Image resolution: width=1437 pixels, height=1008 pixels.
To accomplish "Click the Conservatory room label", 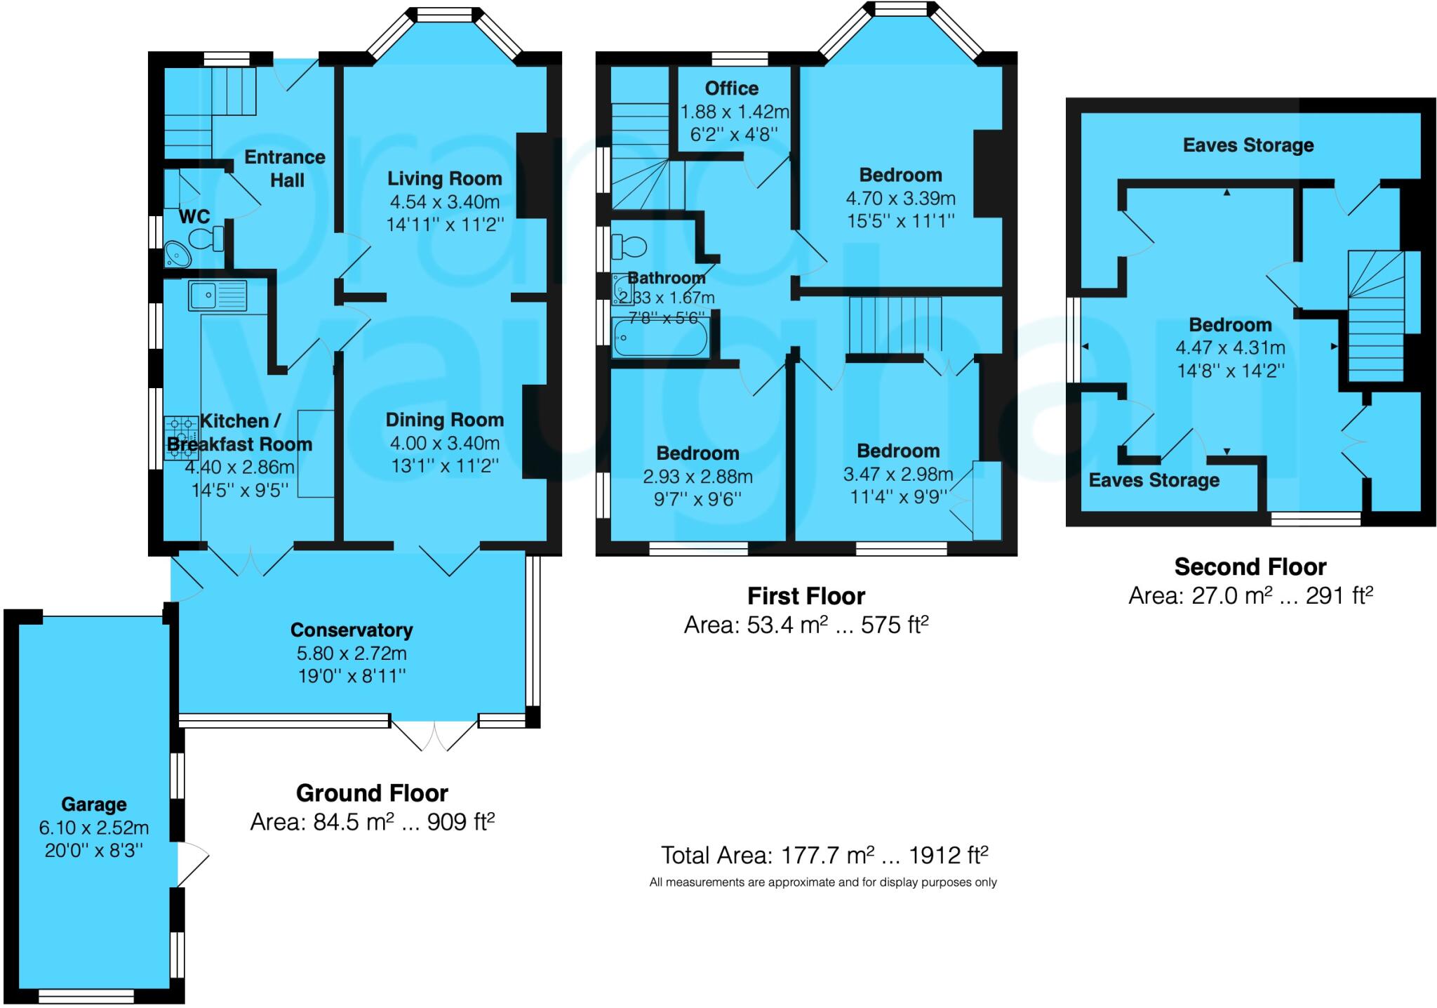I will point(352,630).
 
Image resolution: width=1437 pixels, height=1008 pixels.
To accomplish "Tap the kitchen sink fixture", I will point(218,295).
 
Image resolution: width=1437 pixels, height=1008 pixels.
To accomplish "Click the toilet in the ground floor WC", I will point(207,239).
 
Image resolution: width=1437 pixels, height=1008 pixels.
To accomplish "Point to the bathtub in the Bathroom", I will point(660,338).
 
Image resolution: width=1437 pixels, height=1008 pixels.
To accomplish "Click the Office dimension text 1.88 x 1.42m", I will point(735,112).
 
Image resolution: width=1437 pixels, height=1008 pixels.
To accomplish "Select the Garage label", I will point(94,804).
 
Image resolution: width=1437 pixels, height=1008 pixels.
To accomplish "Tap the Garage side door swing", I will point(193,863).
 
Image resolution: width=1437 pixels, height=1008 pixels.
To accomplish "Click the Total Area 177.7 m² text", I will point(824,855).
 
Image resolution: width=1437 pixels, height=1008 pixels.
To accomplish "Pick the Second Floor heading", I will point(1250,566).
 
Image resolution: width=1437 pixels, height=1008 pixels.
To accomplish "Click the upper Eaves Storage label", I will point(1248,145).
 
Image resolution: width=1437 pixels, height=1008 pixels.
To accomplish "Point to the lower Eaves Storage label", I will point(1154,480).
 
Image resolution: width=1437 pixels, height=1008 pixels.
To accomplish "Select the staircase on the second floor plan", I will point(1376,316).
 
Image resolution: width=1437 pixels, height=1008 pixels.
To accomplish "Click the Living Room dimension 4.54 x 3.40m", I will point(445,202).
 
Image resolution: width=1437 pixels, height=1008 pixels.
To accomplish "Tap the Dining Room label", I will point(445,420).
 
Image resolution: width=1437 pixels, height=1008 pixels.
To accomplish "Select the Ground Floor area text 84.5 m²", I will point(373,821).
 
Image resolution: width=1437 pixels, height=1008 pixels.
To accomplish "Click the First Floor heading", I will point(806,596).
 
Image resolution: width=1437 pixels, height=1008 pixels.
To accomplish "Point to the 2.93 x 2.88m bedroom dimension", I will point(697,477).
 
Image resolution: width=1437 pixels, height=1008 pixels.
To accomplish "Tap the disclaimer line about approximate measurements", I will point(823,882).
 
